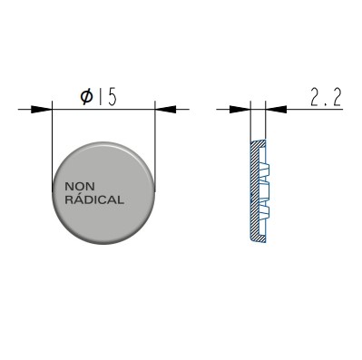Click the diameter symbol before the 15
(87, 98)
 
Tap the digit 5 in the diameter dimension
(112, 98)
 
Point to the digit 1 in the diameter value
(100, 98)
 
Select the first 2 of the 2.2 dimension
(316, 98)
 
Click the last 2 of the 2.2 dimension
(337, 98)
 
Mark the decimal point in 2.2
(326, 104)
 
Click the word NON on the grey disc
(80, 187)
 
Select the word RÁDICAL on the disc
(94, 199)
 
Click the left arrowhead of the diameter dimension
(42, 109)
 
